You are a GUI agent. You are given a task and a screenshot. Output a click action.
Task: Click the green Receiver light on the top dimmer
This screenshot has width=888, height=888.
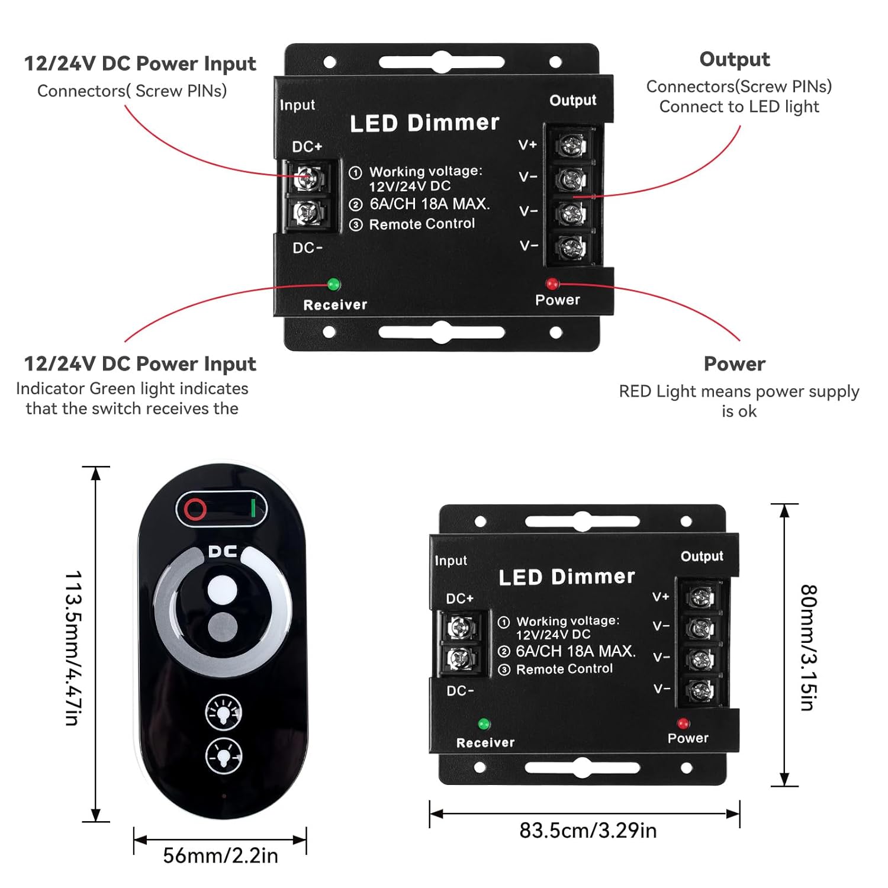tap(334, 284)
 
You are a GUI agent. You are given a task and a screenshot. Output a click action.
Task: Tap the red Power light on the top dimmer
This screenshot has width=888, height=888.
tap(552, 284)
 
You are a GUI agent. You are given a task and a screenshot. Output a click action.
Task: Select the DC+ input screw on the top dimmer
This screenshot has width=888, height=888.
tap(308, 177)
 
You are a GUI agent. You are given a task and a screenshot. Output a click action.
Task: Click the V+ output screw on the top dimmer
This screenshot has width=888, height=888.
tap(572, 145)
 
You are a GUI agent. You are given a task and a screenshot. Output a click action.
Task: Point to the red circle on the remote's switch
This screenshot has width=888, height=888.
tap(195, 509)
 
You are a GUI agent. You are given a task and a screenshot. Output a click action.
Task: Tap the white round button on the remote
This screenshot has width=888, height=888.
tap(223, 590)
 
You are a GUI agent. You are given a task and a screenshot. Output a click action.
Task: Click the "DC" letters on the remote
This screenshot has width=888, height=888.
tap(223, 552)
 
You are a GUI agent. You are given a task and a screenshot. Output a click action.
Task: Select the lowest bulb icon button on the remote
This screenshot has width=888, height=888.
tap(223, 756)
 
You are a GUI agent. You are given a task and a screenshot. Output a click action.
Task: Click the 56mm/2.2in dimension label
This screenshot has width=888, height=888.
tap(220, 855)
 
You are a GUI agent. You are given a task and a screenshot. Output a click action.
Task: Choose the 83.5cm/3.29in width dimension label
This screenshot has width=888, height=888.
tap(588, 831)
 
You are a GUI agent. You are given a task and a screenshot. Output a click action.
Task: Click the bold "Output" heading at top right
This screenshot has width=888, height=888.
tap(735, 59)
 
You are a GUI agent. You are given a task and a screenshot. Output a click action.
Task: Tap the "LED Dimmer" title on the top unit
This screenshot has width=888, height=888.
tap(424, 123)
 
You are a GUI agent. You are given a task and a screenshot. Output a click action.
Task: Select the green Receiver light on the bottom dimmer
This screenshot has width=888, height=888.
tap(484, 723)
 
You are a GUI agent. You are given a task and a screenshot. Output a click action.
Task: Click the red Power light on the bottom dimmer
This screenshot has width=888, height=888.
tap(683, 723)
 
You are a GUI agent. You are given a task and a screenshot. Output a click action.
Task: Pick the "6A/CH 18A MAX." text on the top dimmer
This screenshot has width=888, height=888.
tap(429, 204)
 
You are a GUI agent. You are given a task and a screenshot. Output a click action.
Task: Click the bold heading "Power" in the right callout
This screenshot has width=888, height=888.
tap(735, 363)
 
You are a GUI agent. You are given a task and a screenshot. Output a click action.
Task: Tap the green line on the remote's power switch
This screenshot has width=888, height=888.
tap(253, 508)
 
